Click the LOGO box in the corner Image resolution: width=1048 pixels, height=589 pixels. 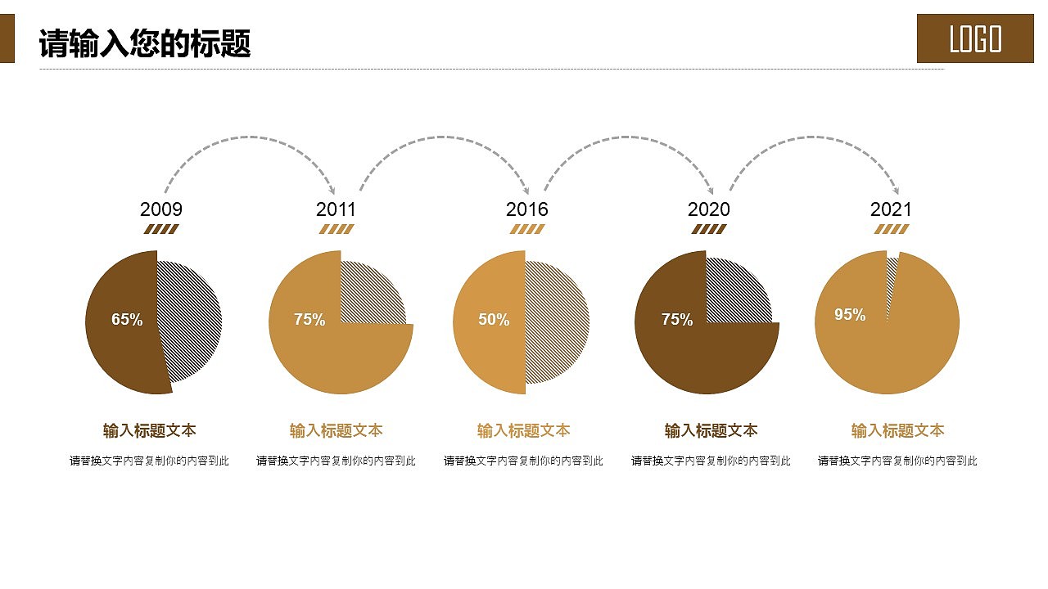tap(975, 38)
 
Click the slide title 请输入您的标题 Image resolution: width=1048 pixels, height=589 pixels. tap(145, 44)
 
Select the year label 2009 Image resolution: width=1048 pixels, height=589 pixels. tap(161, 209)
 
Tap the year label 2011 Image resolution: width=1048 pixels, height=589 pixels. tap(336, 209)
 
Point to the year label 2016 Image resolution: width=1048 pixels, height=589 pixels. tap(526, 209)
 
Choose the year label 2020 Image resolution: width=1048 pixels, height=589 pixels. tap(708, 209)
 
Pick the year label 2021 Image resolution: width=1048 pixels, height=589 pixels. tap(891, 209)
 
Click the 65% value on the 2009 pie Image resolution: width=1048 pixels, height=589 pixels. tap(127, 320)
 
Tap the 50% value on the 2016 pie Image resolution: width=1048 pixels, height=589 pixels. tap(494, 320)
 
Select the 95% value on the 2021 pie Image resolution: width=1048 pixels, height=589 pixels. tap(850, 315)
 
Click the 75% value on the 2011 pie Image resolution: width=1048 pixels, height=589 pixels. tap(309, 320)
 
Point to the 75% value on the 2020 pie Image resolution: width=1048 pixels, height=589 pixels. tap(677, 320)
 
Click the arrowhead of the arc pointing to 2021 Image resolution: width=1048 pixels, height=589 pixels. tap(896, 191)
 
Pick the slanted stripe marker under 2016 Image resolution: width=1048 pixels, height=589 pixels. tap(526, 230)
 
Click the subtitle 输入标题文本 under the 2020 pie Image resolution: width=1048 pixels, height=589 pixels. tap(711, 430)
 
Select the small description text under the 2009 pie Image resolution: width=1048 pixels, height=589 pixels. tap(149, 461)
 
